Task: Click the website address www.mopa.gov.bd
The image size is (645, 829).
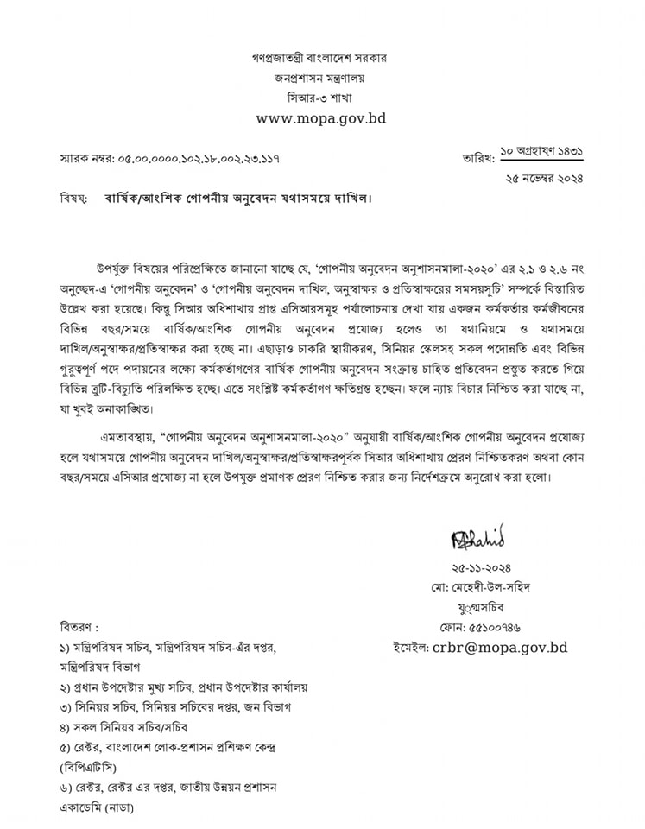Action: (320, 118)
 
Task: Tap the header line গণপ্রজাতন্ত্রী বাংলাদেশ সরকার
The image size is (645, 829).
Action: (320, 59)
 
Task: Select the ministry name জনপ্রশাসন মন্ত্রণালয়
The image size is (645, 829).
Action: (320, 78)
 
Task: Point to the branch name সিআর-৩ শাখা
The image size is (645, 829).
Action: (320, 97)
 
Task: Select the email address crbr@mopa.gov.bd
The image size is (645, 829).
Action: (501, 646)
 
